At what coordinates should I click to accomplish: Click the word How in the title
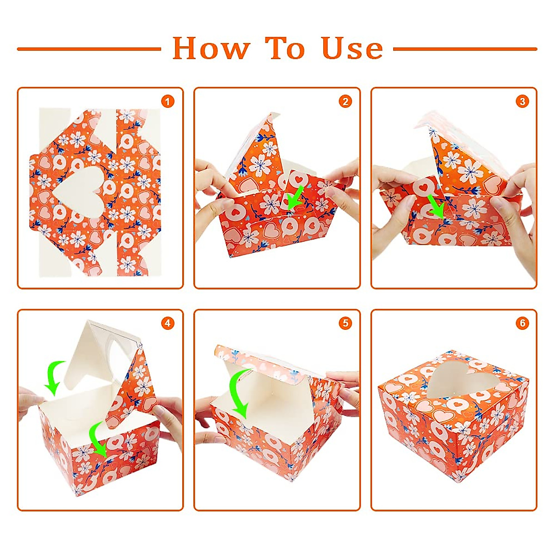(x=211, y=49)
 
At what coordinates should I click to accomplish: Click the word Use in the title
(x=352, y=49)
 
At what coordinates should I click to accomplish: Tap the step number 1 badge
(x=168, y=102)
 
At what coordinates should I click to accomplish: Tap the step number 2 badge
(x=345, y=102)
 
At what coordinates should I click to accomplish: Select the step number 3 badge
(x=523, y=102)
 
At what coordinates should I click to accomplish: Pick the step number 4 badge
(x=168, y=323)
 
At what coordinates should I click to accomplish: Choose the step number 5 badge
(x=345, y=323)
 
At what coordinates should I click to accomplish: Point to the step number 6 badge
(x=523, y=323)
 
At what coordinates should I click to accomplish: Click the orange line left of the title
(x=89, y=49)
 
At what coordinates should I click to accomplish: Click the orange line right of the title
(x=465, y=49)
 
